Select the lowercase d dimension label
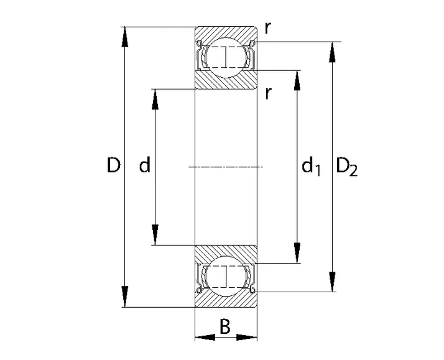144,165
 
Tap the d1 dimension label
311,167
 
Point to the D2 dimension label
346,167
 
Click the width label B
225,326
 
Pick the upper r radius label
268,28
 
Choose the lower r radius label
268,93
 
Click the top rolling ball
226,57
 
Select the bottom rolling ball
226,276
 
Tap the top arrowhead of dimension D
124,37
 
